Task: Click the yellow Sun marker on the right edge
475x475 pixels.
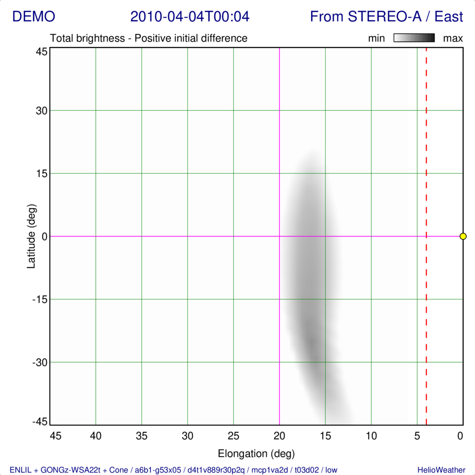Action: tap(463, 236)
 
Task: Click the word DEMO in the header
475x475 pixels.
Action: tap(34, 17)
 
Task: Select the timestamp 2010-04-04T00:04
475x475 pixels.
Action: tap(190, 17)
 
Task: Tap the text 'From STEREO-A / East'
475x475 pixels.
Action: tap(386, 17)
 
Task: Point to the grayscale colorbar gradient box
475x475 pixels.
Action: tap(414, 38)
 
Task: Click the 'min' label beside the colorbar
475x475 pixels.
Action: tap(376, 38)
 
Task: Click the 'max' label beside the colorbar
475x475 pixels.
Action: tap(453, 38)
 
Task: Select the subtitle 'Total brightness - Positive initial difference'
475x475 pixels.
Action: tap(149, 38)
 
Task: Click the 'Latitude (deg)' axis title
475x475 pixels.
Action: tap(32, 236)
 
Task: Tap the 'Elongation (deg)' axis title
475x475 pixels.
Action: tap(256, 453)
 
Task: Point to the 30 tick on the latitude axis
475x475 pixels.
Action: tap(41, 110)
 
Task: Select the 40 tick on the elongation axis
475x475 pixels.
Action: tap(95, 436)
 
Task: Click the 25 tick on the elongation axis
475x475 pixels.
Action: tap(233, 436)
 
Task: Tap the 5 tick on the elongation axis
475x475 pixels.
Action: tap(417, 436)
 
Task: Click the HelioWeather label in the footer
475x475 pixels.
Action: tap(441, 470)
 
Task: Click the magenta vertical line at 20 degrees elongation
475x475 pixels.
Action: tap(280, 124)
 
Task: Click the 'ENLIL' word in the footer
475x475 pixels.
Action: tap(19, 470)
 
